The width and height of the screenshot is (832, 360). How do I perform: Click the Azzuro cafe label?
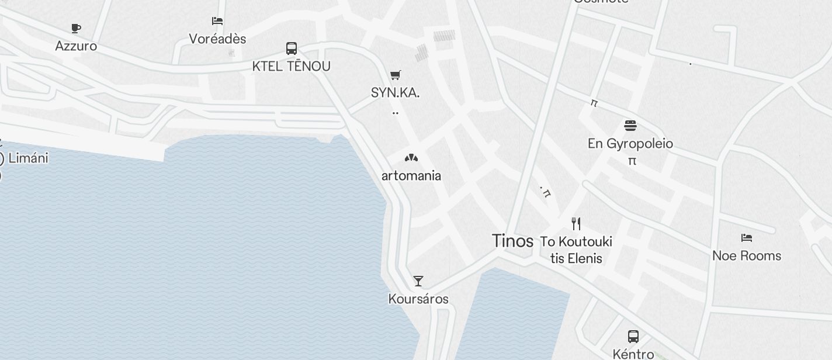pyautogui.click(x=76, y=46)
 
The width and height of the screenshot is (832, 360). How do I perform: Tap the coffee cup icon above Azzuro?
pyautogui.click(x=76, y=28)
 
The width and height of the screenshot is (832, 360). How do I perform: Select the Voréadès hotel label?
pyautogui.click(x=217, y=39)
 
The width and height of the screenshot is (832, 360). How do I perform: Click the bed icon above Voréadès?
pyautogui.click(x=217, y=21)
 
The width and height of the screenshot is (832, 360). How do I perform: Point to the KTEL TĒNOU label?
pyautogui.click(x=292, y=66)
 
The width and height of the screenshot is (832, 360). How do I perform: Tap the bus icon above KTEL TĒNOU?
pyautogui.click(x=292, y=49)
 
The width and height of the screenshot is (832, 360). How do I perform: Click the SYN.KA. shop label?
pyautogui.click(x=396, y=92)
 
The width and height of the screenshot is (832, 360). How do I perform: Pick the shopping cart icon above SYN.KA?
pyautogui.click(x=396, y=75)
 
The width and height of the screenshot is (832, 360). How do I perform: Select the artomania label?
pyautogui.click(x=411, y=175)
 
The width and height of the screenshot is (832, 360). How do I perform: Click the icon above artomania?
pyautogui.click(x=411, y=158)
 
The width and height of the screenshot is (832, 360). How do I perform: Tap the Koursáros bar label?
pyautogui.click(x=418, y=299)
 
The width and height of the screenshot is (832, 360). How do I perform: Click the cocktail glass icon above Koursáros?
pyautogui.click(x=418, y=281)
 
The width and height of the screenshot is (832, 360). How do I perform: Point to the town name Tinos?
pyautogui.click(x=512, y=241)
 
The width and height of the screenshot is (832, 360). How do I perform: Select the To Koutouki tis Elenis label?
pyautogui.click(x=576, y=250)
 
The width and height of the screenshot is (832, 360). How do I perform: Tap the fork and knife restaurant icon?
pyautogui.click(x=576, y=223)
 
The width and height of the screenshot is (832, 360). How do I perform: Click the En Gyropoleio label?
pyautogui.click(x=630, y=143)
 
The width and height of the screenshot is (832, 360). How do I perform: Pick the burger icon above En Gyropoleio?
pyautogui.click(x=630, y=125)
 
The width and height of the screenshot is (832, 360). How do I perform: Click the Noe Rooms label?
pyautogui.click(x=747, y=255)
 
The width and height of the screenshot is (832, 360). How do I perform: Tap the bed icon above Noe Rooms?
pyautogui.click(x=747, y=238)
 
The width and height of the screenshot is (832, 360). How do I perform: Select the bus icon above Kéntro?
pyautogui.click(x=633, y=336)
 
